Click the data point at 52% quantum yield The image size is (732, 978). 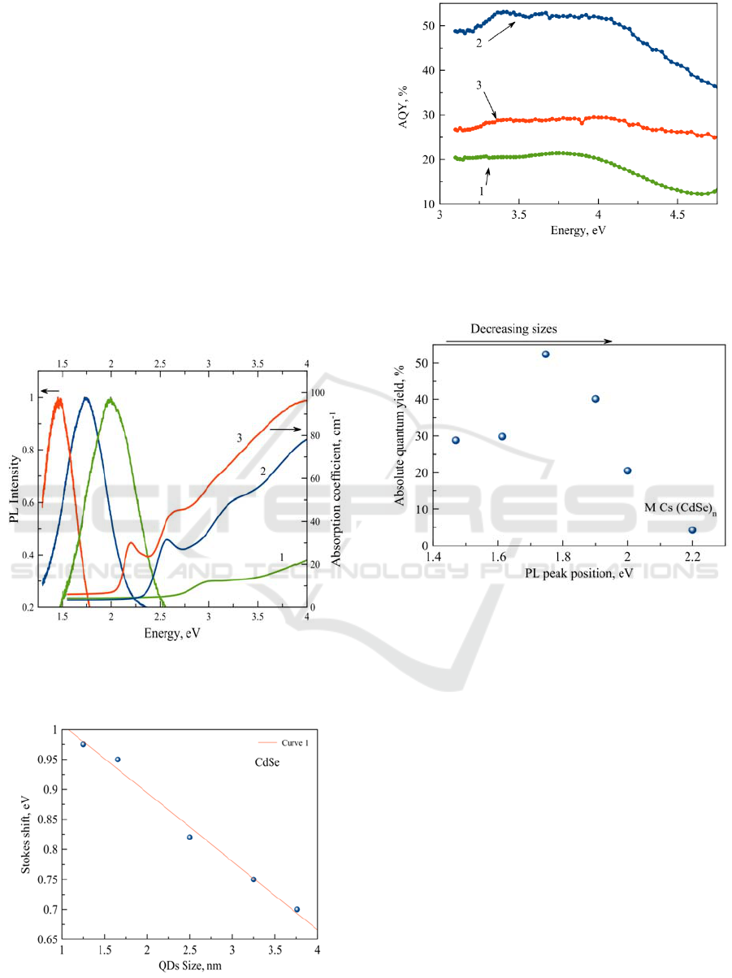pos(546,354)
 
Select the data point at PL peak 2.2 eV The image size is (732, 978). pos(692,530)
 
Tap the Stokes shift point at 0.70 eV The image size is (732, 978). pos(297,909)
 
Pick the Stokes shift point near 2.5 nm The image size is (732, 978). pos(190,837)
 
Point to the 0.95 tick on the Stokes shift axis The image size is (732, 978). pos(47,760)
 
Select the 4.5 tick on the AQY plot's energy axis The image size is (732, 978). pos(677,217)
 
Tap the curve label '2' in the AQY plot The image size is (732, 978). pos(479,44)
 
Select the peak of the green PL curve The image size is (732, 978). pos(110,398)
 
